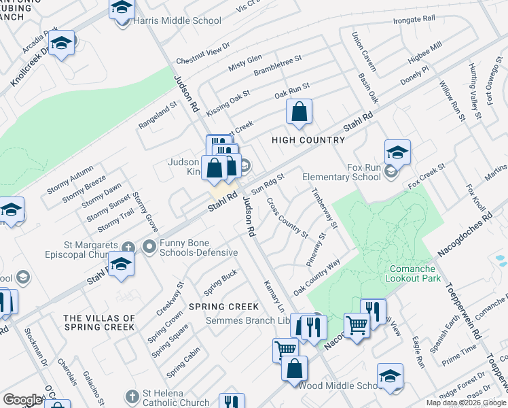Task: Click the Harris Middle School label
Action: pos(168,21)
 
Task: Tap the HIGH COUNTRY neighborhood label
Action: pos(308,140)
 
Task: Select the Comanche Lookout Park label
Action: pos(413,273)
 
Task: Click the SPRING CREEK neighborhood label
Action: pos(223,307)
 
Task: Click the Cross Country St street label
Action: pos(287,217)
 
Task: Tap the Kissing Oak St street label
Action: pos(229,101)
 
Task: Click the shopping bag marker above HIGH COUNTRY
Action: pos(299,112)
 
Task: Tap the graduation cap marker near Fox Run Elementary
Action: pos(397,153)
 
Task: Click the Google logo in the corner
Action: pos(22,399)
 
